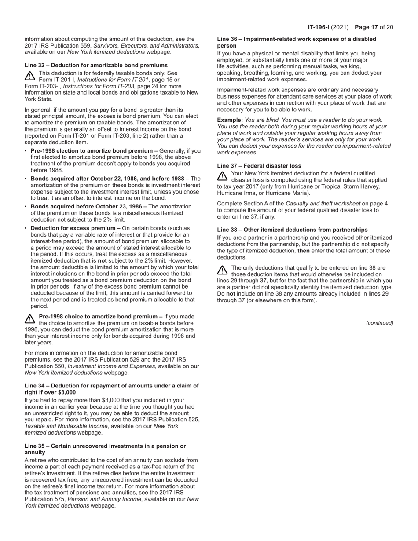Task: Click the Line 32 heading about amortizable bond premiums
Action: pyautogui.click(x=96, y=65)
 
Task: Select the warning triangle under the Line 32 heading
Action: pyautogui.click(x=30, y=76)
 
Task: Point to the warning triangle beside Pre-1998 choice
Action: pyautogui.click(x=30, y=319)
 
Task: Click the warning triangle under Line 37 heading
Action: pyautogui.click(x=223, y=176)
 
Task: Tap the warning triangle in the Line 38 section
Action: pyautogui.click(x=223, y=270)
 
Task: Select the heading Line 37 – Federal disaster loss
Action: pyautogui.click(x=259, y=166)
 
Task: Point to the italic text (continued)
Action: pyautogui.click(x=379, y=323)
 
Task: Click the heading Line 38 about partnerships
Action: pyautogui.click(x=292, y=230)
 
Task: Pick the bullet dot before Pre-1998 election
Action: pyautogui.click(x=26, y=151)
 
